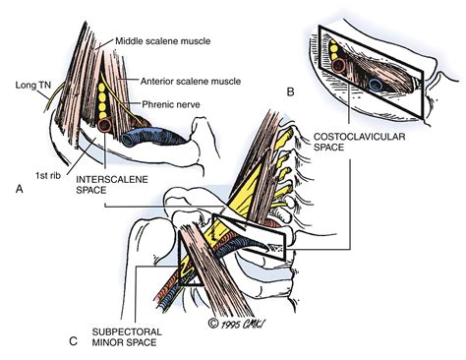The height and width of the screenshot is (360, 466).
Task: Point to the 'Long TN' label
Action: click(x=24, y=87)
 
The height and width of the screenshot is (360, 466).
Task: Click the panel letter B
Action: click(x=291, y=92)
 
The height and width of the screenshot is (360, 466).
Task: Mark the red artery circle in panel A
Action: click(x=105, y=127)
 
